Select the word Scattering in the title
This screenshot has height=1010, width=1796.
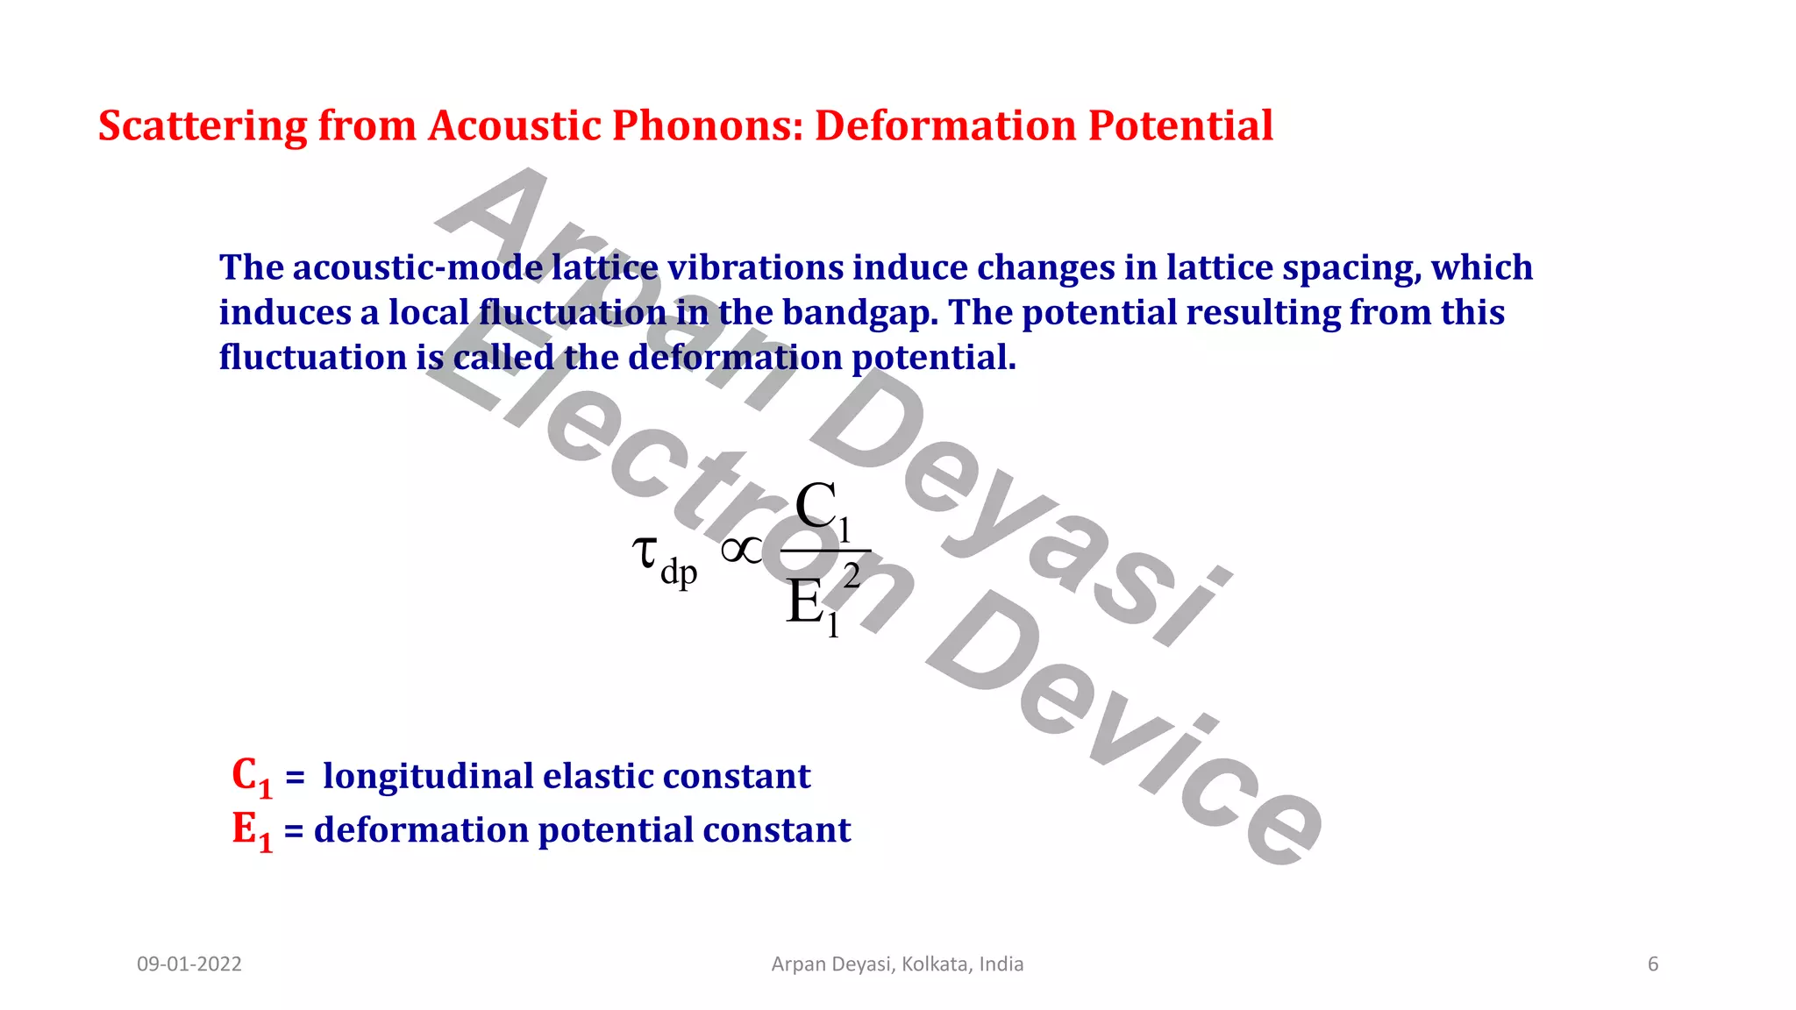coord(202,126)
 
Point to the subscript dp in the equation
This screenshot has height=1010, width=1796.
coord(679,573)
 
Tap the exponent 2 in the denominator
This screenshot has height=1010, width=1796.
coord(852,577)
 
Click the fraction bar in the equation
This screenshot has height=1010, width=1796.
coord(824,551)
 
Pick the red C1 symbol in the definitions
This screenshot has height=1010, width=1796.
coord(252,778)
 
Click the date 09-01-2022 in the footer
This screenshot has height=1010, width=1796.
coord(189,964)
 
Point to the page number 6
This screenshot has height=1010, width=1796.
coord(1653,964)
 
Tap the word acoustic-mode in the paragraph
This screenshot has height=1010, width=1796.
coord(417,267)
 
